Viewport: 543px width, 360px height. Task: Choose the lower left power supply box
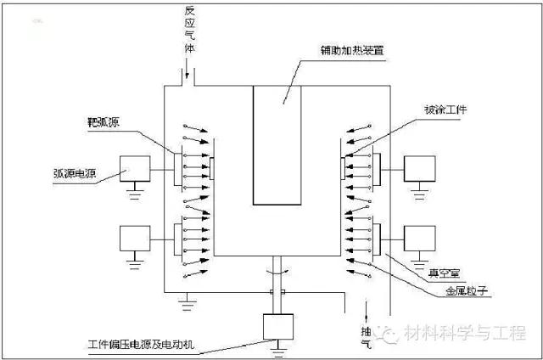pos(135,237)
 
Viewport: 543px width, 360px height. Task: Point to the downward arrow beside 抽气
pos(366,305)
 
